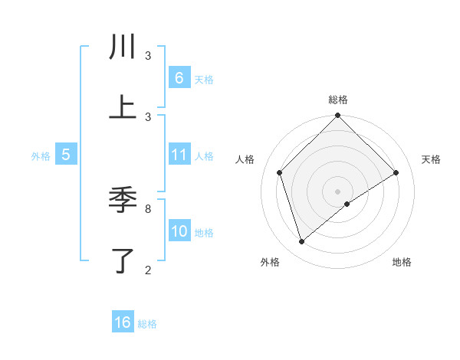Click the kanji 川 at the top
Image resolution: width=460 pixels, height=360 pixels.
pos(123,47)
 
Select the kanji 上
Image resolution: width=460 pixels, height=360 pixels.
pos(123,108)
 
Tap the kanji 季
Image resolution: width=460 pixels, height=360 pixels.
pos(123,201)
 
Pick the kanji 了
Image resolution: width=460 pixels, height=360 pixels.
pos(123,261)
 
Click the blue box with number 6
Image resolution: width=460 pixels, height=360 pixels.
pos(179,78)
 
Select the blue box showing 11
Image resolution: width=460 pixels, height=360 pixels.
pos(179,155)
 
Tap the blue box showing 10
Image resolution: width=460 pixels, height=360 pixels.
pos(179,231)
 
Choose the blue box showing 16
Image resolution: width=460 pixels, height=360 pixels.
pos(123,322)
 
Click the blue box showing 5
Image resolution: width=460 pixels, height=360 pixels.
pos(66,155)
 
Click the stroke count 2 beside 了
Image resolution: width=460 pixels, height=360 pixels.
pos(148,270)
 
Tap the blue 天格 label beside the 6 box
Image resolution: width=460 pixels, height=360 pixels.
pos(204,79)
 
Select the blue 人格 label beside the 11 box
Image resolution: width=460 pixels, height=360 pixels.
pos(204,155)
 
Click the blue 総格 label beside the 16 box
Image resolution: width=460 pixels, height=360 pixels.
pos(147,323)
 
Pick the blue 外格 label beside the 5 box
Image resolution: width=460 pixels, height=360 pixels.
pos(41,155)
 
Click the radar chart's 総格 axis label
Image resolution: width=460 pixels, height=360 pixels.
pos(338,100)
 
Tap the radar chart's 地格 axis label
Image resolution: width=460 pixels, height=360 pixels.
pos(402,262)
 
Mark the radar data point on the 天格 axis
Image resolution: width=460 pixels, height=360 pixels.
pos(396,172)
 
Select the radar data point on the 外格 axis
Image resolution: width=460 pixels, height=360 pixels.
pos(302,242)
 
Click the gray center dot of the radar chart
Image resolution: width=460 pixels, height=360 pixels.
pos(338,191)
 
